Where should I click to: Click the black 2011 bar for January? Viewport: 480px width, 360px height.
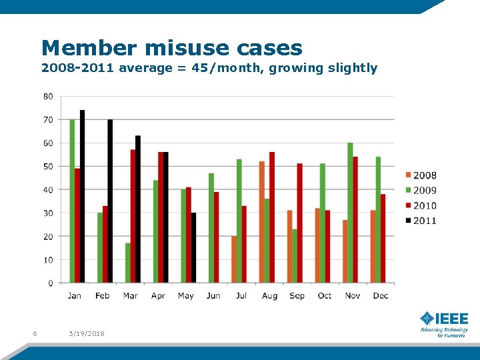click(83, 197)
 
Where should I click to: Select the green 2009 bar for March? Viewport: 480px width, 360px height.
click(127, 263)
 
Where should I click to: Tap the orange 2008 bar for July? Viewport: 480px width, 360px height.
click(234, 259)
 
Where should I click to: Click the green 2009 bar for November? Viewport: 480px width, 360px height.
click(350, 213)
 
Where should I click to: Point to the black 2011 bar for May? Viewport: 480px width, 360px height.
click(194, 247)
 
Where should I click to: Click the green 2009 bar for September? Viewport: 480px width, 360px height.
click(295, 256)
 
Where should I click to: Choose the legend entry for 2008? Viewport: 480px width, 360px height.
click(420, 175)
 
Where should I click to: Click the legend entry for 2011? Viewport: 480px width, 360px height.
click(420, 221)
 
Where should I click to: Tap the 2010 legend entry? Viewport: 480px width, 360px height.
click(420, 206)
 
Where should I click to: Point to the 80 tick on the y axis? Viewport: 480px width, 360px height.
click(48, 97)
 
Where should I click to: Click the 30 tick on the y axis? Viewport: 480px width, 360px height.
click(48, 213)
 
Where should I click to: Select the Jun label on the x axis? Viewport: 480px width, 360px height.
click(213, 295)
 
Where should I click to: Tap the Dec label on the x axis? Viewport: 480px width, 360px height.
click(381, 295)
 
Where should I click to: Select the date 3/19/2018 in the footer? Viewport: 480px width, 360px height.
click(87, 333)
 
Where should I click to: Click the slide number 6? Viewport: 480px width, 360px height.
click(35, 333)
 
